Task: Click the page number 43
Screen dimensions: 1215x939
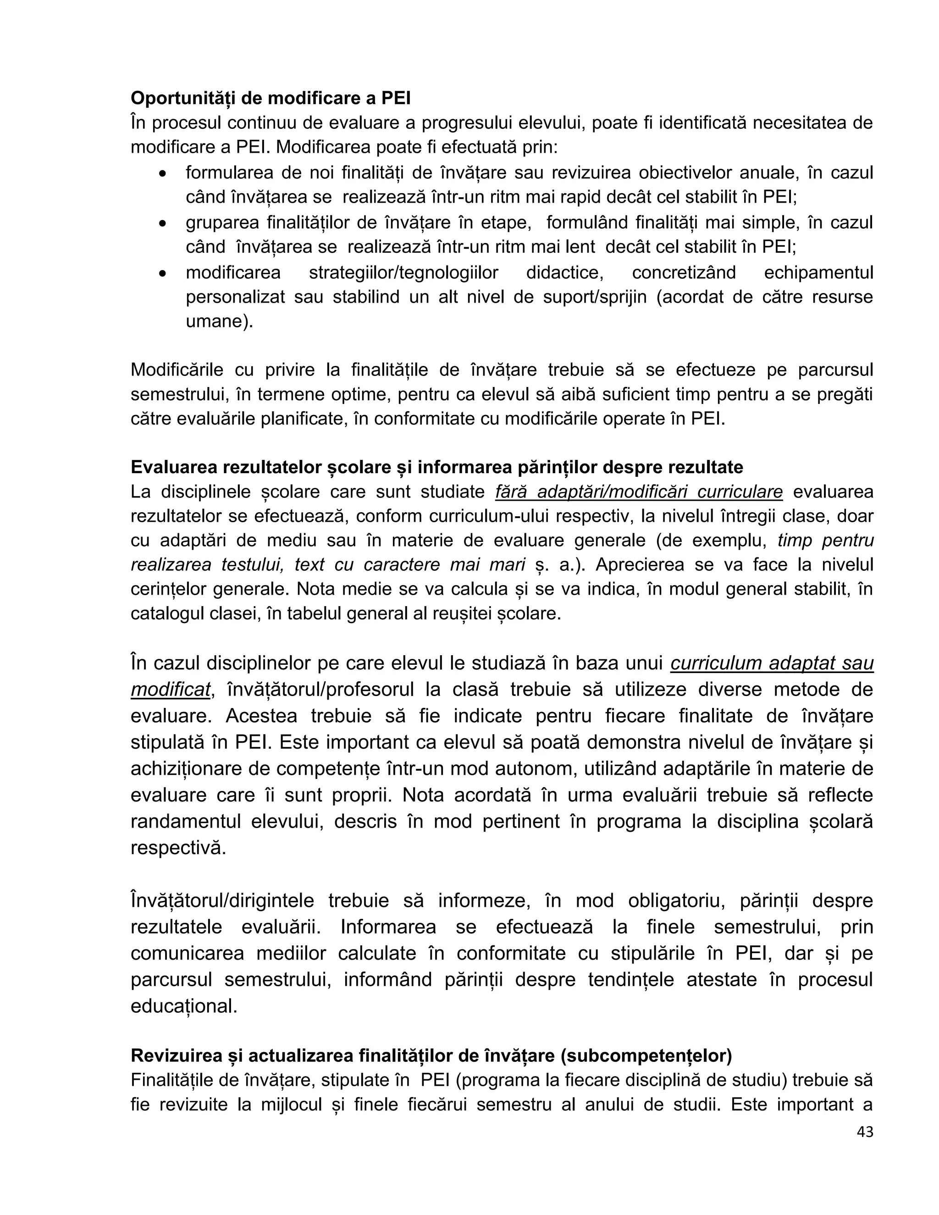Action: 865,1147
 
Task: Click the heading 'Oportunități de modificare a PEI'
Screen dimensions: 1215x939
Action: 271,98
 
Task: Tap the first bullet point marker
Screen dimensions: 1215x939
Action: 162,174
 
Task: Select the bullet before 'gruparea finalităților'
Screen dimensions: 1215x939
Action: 162,224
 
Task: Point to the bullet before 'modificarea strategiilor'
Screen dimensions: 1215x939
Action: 162,274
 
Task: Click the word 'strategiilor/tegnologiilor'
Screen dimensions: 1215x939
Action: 403,273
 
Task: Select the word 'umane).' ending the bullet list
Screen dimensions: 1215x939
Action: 219,321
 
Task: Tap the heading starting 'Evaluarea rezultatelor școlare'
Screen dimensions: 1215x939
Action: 436,467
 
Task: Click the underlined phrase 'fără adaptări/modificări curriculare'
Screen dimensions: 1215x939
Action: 639,492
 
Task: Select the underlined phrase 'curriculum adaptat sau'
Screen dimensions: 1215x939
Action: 772,663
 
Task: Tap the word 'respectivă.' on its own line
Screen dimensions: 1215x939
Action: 178,848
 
